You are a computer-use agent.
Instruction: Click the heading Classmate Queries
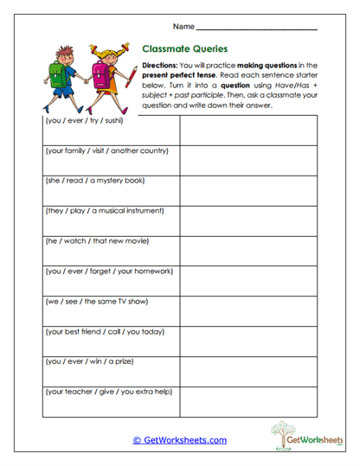184,50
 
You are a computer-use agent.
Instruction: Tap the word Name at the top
192,27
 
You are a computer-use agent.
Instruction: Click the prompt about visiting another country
106,150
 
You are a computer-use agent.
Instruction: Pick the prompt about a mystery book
94,181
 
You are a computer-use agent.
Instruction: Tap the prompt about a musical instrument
104,210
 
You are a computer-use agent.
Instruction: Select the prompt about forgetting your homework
109,271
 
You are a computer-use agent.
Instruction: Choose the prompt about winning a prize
89,361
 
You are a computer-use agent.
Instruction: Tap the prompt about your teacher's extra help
108,391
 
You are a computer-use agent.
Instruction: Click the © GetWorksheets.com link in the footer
179,440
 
